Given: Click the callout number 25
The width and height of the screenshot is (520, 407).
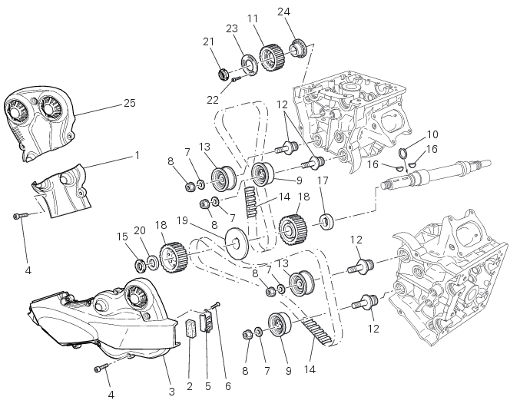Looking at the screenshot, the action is click(x=130, y=103).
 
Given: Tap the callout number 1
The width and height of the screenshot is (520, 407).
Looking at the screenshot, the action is click(x=137, y=155).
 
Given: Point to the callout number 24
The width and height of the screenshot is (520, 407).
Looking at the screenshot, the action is click(x=284, y=12).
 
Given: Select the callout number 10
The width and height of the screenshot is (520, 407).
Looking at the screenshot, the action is click(x=432, y=134).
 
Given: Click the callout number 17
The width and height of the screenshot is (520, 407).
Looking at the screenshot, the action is click(x=323, y=180).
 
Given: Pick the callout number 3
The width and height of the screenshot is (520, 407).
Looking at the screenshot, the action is click(x=171, y=392).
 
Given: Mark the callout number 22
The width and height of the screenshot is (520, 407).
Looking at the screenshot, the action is click(x=213, y=100).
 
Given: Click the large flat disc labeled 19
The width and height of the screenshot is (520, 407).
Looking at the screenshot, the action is click(x=237, y=243).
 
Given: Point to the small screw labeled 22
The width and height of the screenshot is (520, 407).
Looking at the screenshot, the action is click(x=237, y=80).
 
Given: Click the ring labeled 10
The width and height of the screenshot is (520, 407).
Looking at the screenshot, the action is click(x=403, y=153).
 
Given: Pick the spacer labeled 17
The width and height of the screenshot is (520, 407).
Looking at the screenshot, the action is click(x=326, y=221).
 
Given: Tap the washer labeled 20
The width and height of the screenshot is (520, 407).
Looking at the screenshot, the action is click(x=153, y=263).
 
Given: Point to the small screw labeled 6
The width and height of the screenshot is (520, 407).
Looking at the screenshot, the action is click(x=217, y=306).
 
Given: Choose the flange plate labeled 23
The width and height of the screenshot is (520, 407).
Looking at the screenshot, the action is click(x=249, y=64).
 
